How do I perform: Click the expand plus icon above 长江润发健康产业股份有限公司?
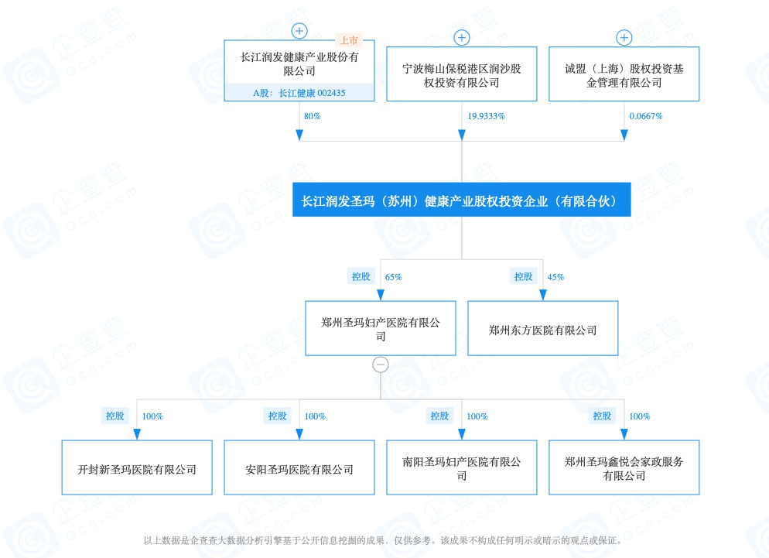coord(299,31)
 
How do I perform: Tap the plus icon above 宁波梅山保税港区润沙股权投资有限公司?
coord(462,38)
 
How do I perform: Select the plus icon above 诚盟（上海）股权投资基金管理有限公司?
coord(624,38)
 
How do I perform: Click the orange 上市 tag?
coord(349,40)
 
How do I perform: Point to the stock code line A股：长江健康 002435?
coord(299,93)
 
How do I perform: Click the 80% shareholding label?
coord(312,116)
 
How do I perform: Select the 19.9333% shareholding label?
coord(486,116)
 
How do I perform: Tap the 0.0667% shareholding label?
coord(646,116)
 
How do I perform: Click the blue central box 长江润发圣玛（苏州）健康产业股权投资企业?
coord(462,200)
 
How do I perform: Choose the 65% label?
coord(393,277)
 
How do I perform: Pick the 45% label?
coord(555,277)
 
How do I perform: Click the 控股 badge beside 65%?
coord(361,276)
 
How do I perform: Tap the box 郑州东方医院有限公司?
coord(543,328)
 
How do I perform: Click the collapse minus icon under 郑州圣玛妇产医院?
coord(381,365)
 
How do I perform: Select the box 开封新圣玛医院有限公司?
coord(137,467)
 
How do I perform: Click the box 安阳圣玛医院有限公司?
coord(299,467)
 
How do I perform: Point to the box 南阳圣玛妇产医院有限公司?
coord(462,467)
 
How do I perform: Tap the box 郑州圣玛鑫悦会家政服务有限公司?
coord(624,467)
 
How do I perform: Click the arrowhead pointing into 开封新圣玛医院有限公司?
coord(137,434)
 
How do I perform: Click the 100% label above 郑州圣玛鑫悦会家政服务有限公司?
coord(640,416)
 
